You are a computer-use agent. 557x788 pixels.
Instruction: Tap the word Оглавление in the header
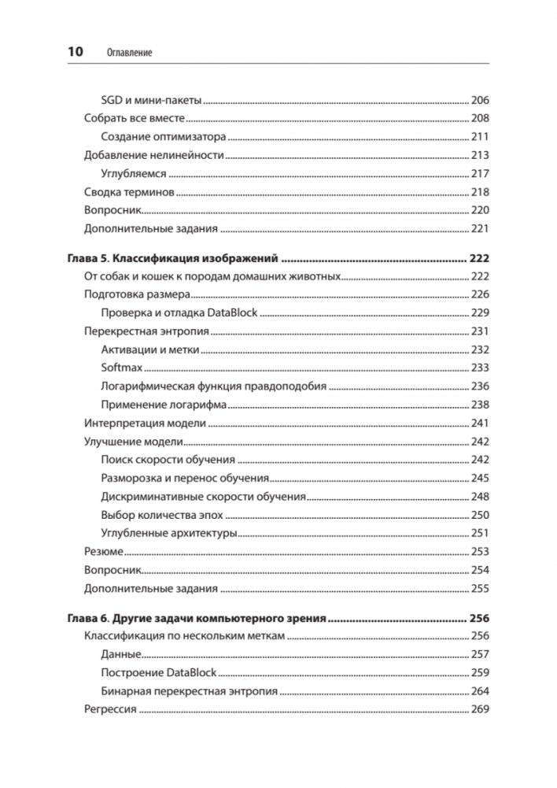128,52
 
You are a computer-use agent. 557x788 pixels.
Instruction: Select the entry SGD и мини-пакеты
152,100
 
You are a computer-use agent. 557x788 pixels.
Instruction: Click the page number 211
479,137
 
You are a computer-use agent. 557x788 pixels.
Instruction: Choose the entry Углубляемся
135,174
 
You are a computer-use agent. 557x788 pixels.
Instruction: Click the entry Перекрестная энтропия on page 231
146,331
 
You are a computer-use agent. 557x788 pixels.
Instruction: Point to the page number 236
479,387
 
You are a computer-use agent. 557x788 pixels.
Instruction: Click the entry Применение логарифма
164,405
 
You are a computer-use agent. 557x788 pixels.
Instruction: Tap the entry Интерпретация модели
145,423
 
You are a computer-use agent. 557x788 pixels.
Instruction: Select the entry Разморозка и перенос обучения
186,478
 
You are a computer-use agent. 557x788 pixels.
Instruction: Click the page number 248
479,497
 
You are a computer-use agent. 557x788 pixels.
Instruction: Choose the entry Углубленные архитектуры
169,533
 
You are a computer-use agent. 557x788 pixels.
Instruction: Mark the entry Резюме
103,552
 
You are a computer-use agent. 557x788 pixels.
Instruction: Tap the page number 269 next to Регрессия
479,709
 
